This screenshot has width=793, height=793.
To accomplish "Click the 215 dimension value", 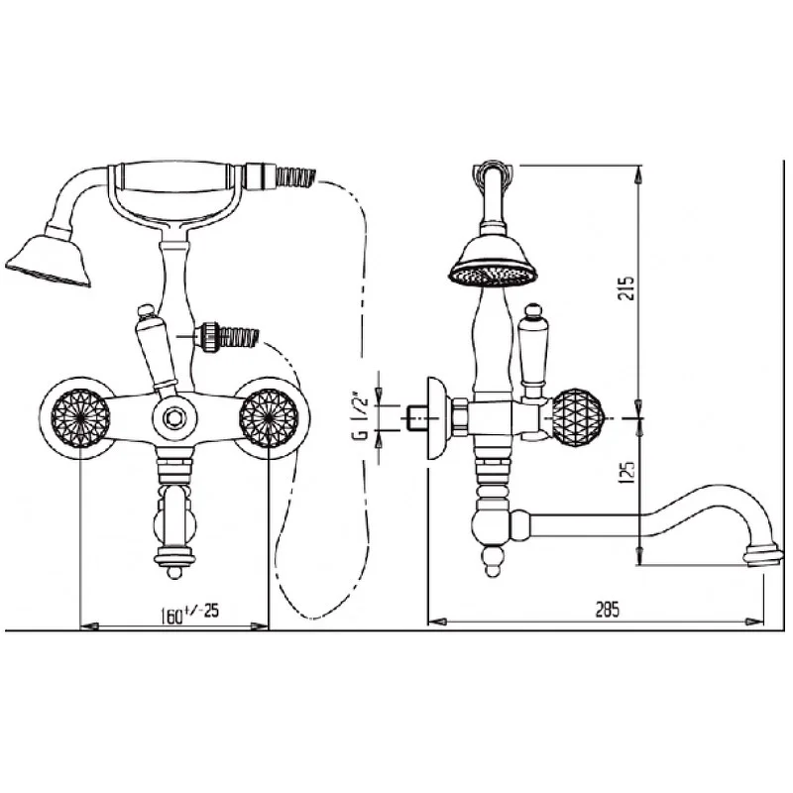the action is point(626,287).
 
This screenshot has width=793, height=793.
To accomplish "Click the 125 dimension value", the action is point(626,473).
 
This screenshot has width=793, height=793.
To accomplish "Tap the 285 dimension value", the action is point(607,610).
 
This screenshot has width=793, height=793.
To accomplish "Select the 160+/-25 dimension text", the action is point(189,613).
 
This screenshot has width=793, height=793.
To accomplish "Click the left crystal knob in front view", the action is point(81,418).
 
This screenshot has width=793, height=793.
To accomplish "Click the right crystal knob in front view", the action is point(269,418).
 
